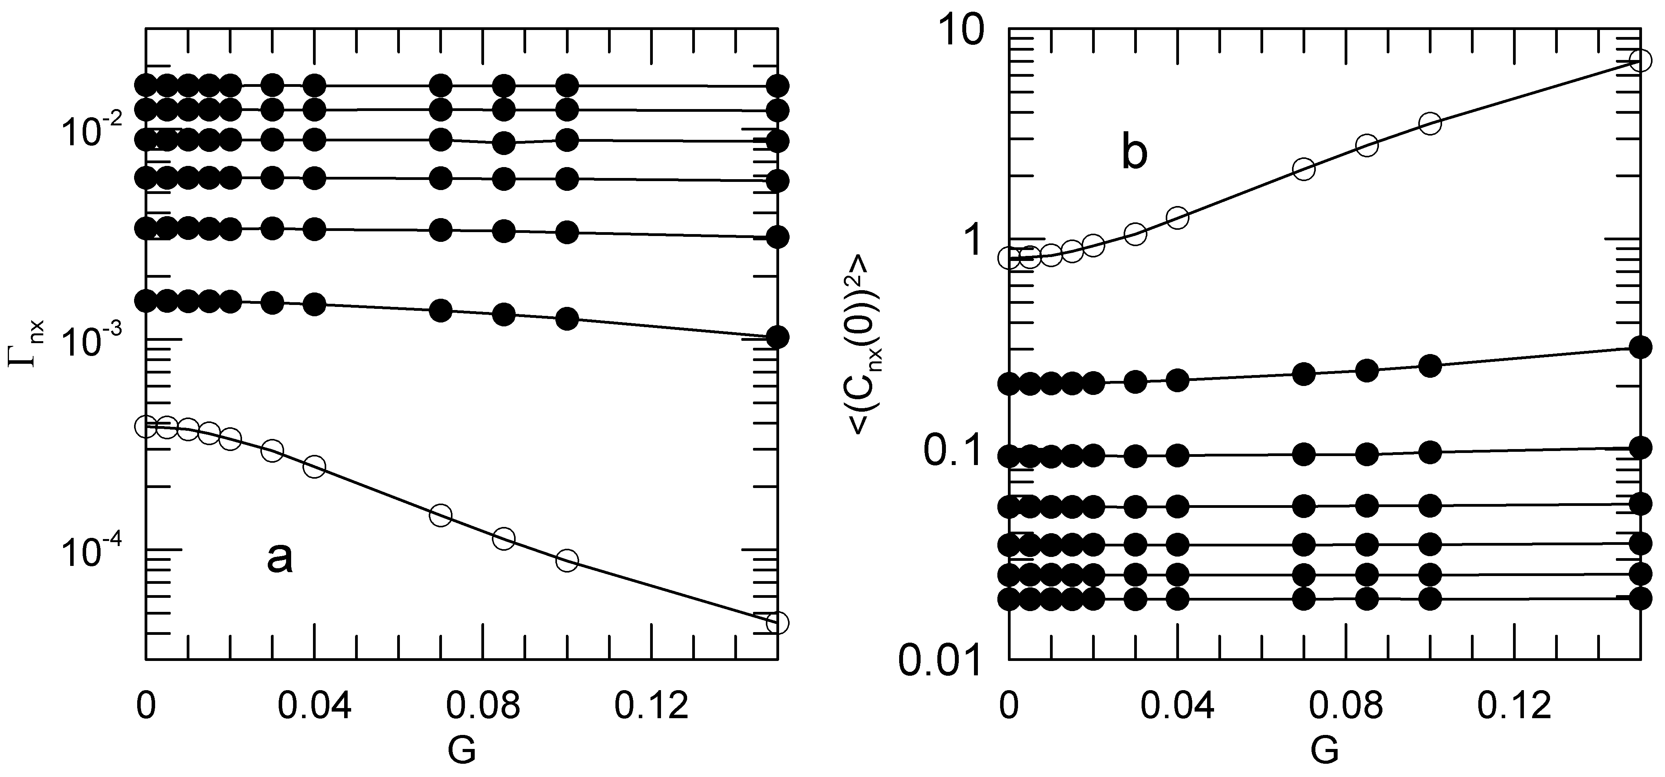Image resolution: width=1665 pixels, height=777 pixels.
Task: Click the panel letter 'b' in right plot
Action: [x=1134, y=155]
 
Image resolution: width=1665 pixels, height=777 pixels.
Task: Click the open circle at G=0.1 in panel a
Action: [x=567, y=560]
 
